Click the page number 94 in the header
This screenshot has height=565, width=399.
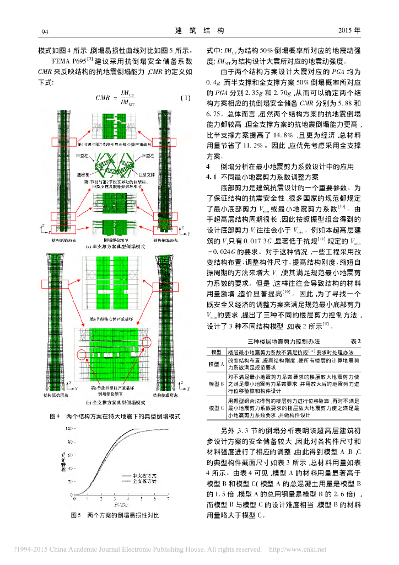click(46, 30)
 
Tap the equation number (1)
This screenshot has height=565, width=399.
click(185, 98)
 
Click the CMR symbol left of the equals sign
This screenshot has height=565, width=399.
click(104, 98)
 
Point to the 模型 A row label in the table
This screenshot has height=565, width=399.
click(214, 364)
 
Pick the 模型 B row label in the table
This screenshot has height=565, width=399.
click(214, 383)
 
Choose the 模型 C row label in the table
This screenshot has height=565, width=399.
click(214, 408)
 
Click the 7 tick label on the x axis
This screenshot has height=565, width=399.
click(169, 498)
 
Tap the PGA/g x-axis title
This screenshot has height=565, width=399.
click(122, 504)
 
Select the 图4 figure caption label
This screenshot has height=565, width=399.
click(54, 415)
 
